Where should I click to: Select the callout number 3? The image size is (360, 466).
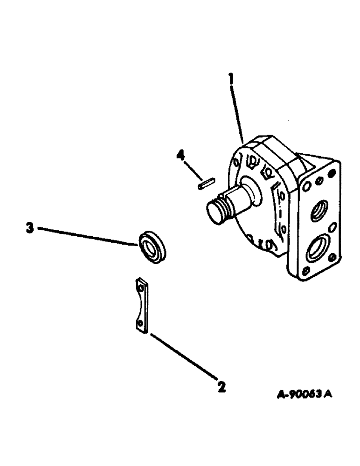[29, 228]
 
